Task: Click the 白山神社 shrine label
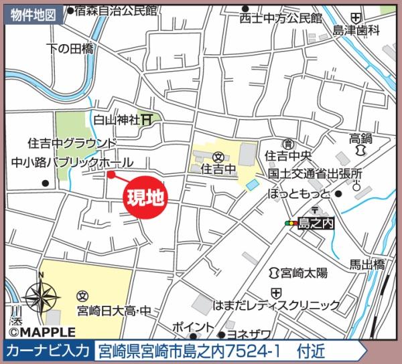click(x=115, y=120)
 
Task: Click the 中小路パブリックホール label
click(x=72, y=163)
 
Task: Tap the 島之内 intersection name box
click(x=316, y=223)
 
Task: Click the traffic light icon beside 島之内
click(x=291, y=223)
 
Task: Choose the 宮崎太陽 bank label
click(x=304, y=272)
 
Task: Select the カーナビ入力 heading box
click(x=48, y=350)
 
